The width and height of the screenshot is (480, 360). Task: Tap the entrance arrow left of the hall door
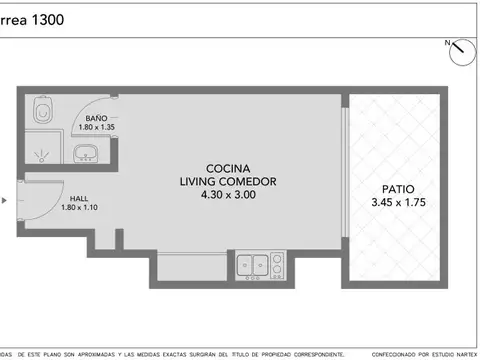(5, 200)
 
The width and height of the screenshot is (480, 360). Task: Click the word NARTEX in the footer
(464, 354)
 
